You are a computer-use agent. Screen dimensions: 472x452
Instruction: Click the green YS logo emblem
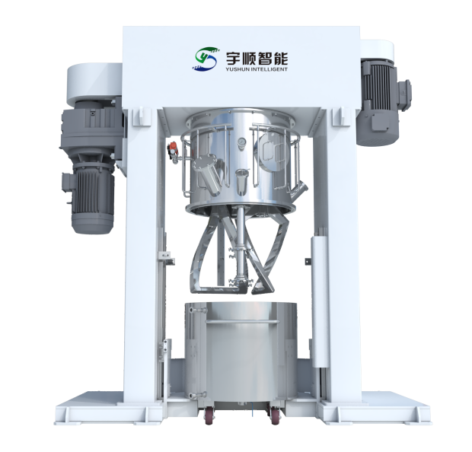point(206,59)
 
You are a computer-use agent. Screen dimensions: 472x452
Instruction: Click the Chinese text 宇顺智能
point(257,59)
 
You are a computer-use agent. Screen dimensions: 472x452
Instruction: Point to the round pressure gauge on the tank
point(241,142)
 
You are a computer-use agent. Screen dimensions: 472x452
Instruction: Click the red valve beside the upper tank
point(172,148)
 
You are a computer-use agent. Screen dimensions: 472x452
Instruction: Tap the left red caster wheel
point(209,415)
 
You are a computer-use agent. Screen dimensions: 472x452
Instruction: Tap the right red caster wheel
point(275,415)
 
